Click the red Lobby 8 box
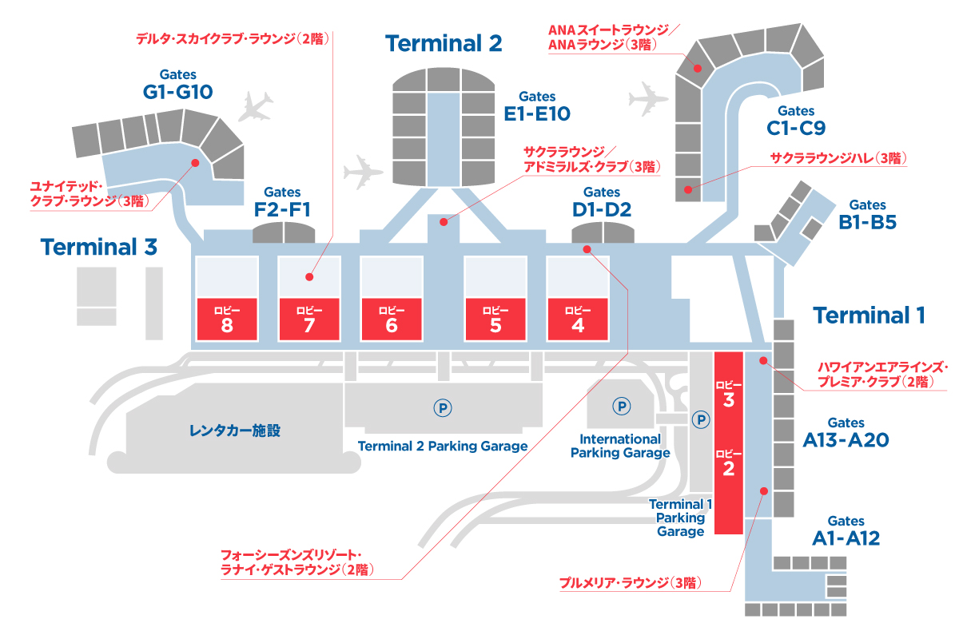(x=227, y=319)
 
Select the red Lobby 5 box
(x=495, y=319)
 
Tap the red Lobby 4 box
(x=578, y=319)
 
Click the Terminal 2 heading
(x=444, y=43)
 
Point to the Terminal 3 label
(x=99, y=247)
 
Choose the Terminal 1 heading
(x=869, y=316)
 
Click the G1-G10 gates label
(x=177, y=85)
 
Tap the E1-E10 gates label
(x=537, y=107)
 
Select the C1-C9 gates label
(x=796, y=121)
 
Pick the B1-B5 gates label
(x=867, y=216)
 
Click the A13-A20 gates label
(x=846, y=433)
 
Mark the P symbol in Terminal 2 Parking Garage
(x=443, y=408)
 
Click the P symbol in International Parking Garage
(x=622, y=406)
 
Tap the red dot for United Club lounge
(x=195, y=163)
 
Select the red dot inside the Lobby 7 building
(x=309, y=277)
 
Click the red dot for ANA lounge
(x=698, y=68)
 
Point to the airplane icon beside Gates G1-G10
(x=255, y=107)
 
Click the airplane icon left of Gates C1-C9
(x=647, y=99)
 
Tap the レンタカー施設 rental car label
(x=235, y=431)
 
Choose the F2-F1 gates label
(x=282, y=203)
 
